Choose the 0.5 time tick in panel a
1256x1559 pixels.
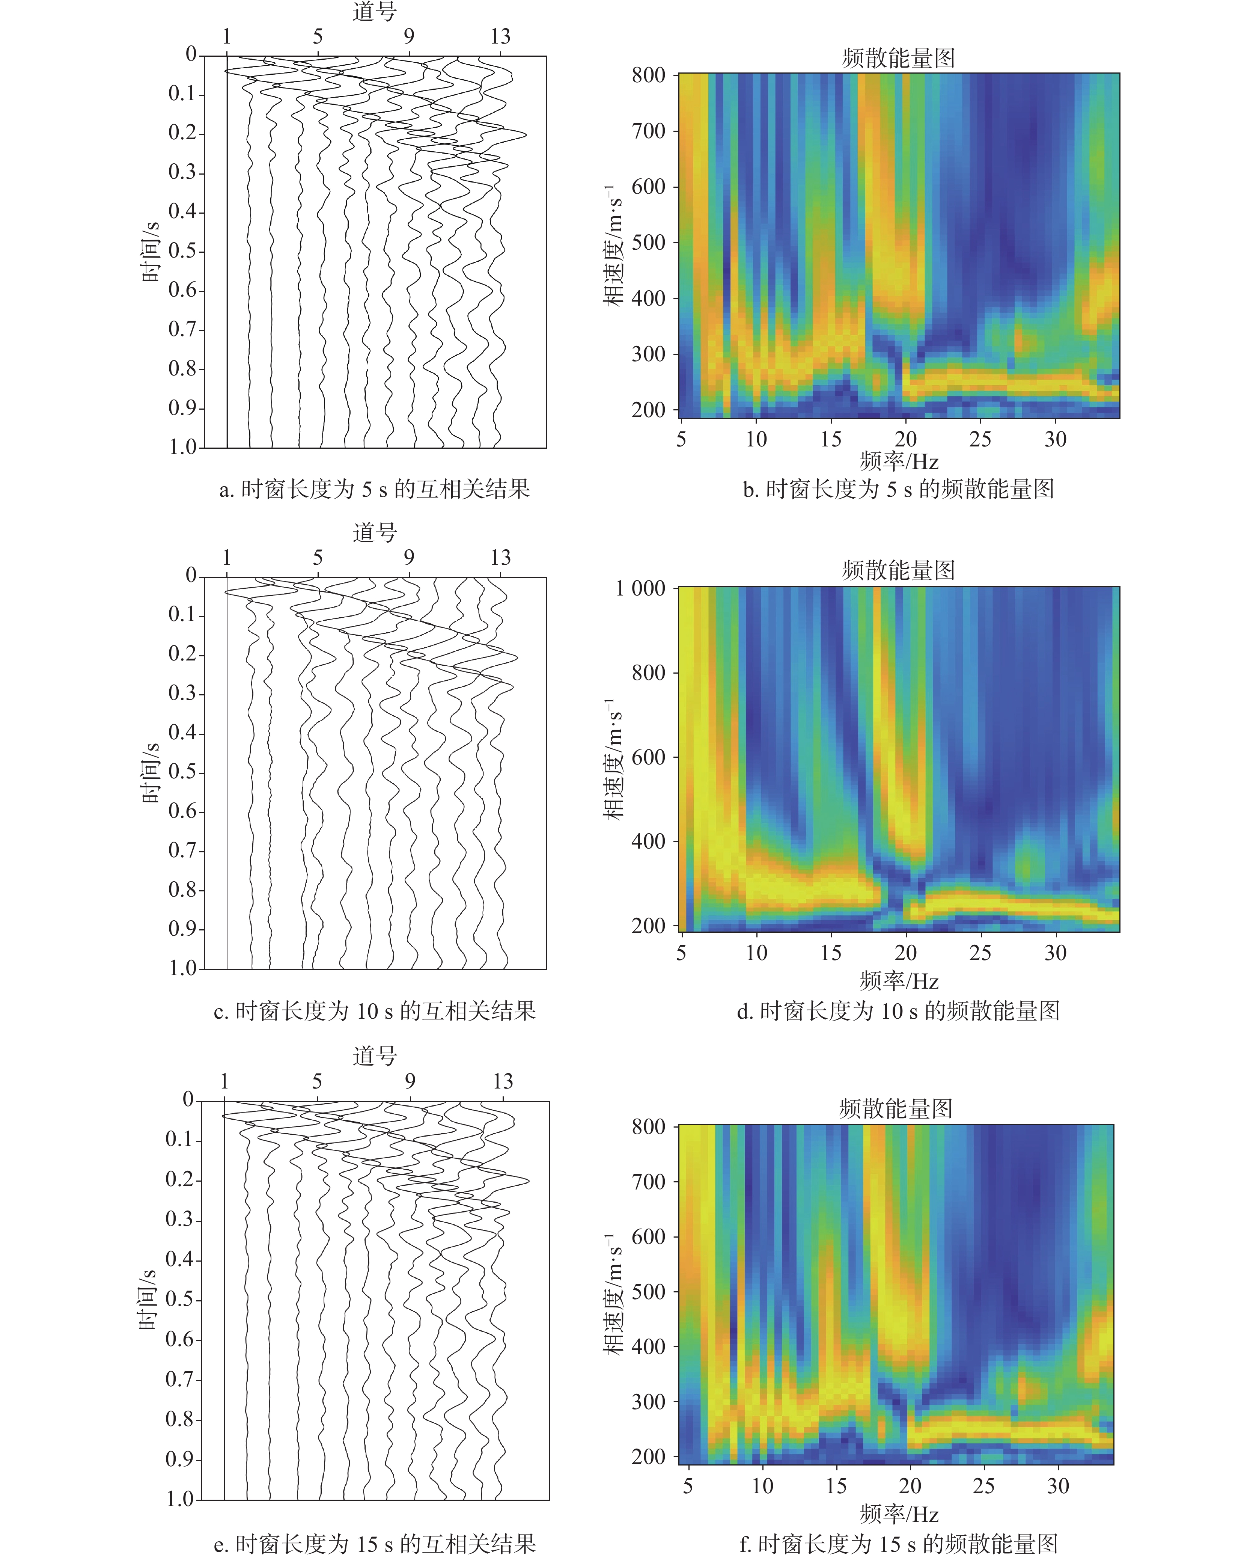click(182, 251)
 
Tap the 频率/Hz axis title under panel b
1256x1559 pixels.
click(899, 461)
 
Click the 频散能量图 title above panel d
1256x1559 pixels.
click(898, 570)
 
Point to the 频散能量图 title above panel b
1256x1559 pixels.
click(898, 58)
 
